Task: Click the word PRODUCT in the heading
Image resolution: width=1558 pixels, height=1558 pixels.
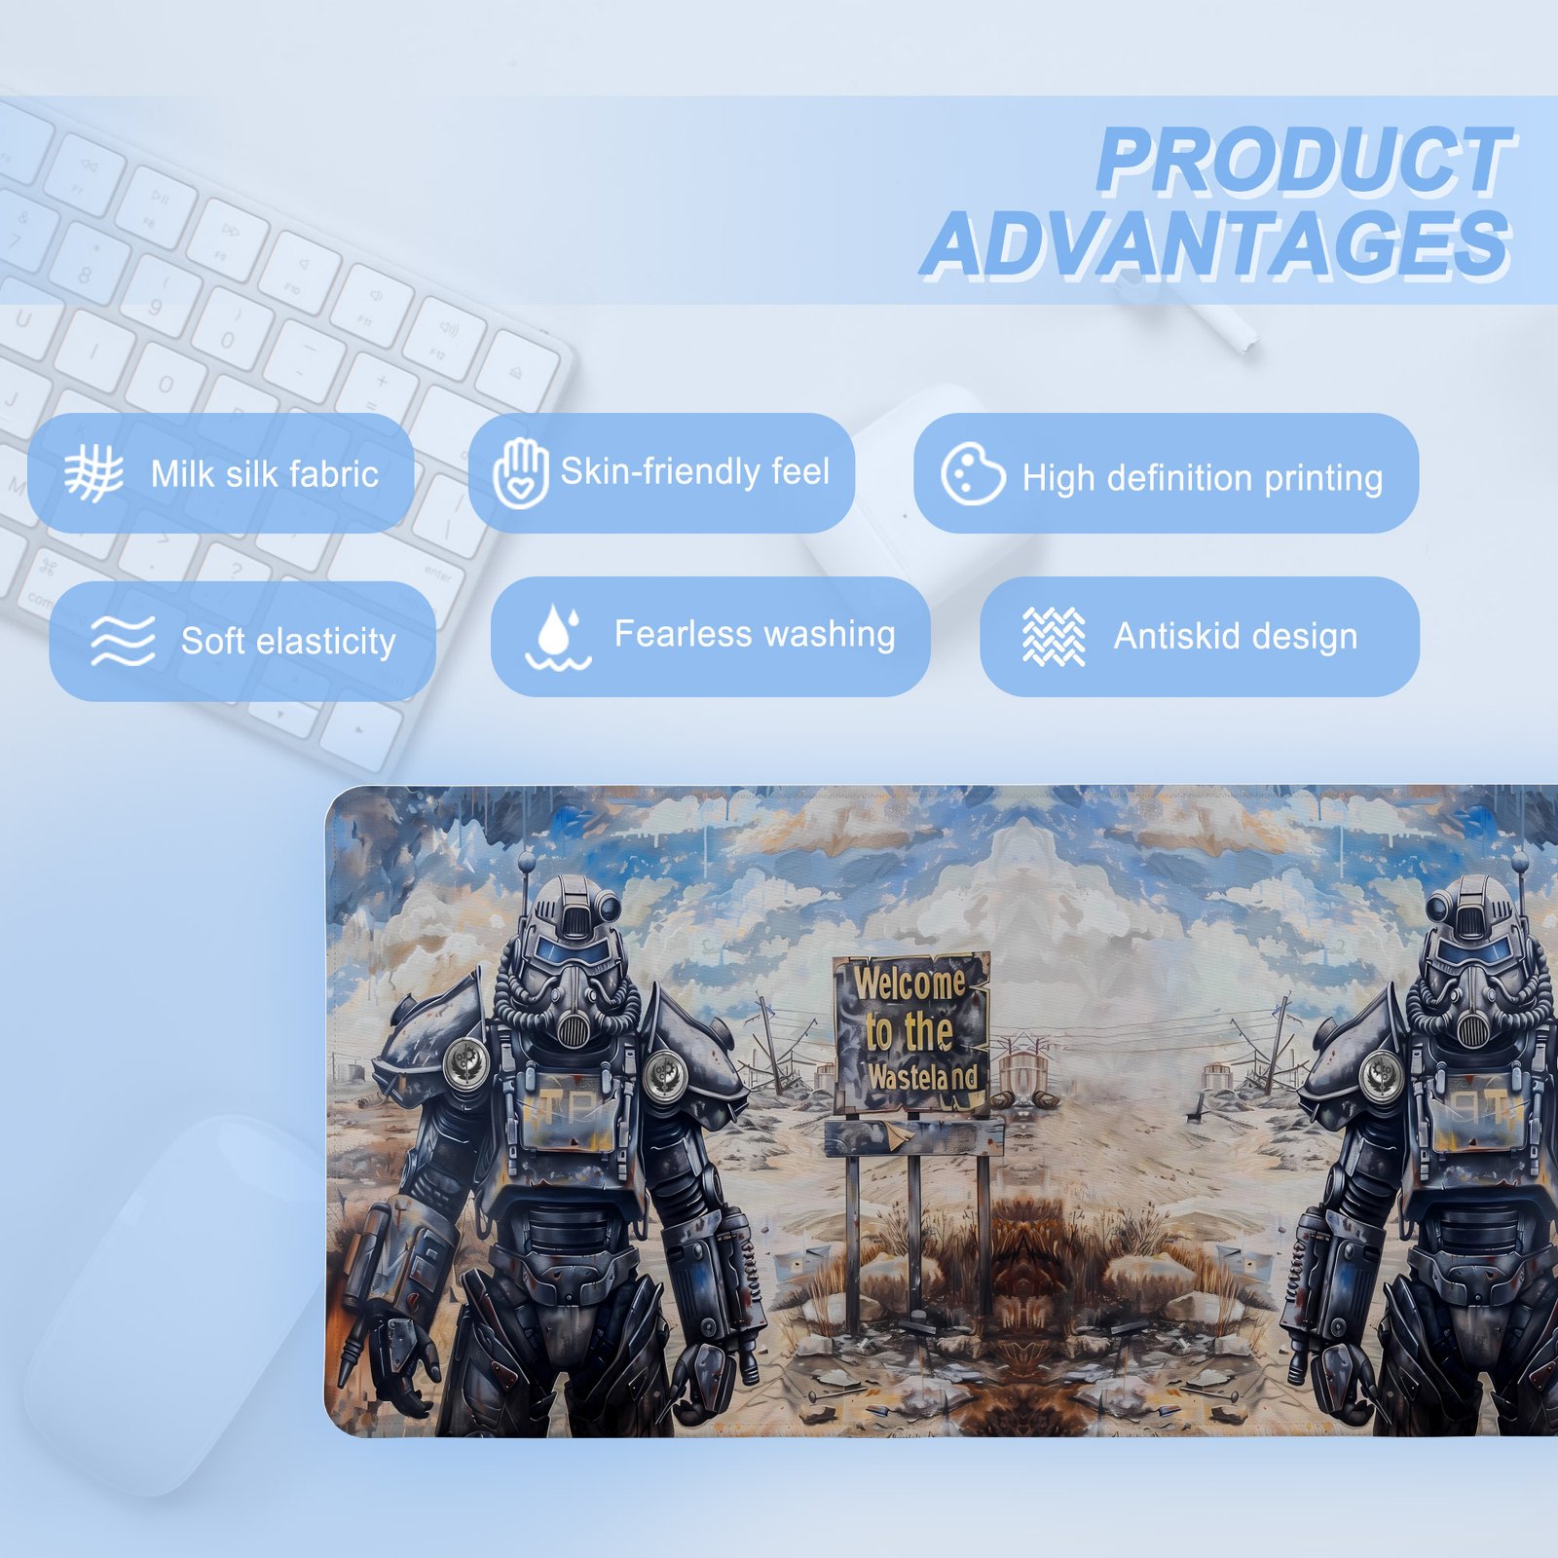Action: pyautogui.click(x=1305, y=162)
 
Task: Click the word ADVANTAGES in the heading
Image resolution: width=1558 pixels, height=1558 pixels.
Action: pyautogui.click(x=1217, y=245)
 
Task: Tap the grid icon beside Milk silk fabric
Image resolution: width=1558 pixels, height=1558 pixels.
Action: pyautogui.click(x=94, y=473)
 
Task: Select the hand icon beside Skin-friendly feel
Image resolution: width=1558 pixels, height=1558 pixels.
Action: pyautogui.click(x=521, y=472)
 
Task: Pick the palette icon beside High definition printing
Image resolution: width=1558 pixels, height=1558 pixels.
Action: pyautogui.click(x=973, y=474)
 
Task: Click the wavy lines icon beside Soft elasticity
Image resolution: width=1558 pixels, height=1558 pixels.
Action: pyautogui.click(x=123, y=641)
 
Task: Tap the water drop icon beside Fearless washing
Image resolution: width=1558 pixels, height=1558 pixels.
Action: pyautogui.click(x=558, y=637)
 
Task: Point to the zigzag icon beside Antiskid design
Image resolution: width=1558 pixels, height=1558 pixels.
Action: pyautogui.click(x=1054, y=637)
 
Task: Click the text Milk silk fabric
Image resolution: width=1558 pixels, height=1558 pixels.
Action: pyautogui.click(x=265, y=474)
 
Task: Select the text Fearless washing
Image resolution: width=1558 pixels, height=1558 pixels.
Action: pyautogui.click(x=755, y=634)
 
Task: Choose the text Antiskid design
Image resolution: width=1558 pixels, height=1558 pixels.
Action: pyautogui.click(x=1236, y=636)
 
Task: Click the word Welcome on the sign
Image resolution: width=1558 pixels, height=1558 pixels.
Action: pyautogui.click(x=910, y=983)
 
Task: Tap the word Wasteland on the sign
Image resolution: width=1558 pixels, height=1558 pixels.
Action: pyautogui.click(x=922, y=1077)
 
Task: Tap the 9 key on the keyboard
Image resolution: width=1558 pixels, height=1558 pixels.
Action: pyautogui.click(x=154, y=306)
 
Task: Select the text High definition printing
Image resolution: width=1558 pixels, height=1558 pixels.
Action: pyautogui.click(x=1203, y=478)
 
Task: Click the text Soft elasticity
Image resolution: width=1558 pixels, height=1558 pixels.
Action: pyautogui.click(x=288, y=642)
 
